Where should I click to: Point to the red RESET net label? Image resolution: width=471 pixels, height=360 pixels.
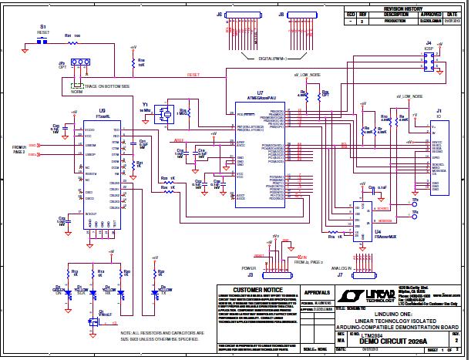(193, 75)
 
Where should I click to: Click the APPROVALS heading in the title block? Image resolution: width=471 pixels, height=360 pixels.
(318, 294)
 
